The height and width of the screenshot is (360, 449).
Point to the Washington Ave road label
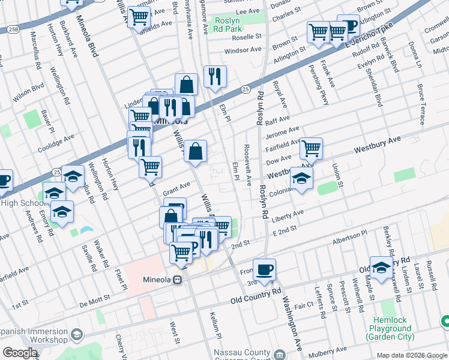coord(291,325)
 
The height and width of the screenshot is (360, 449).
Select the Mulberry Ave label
coord(327,350)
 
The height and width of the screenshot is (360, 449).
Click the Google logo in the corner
coord(20,353)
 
